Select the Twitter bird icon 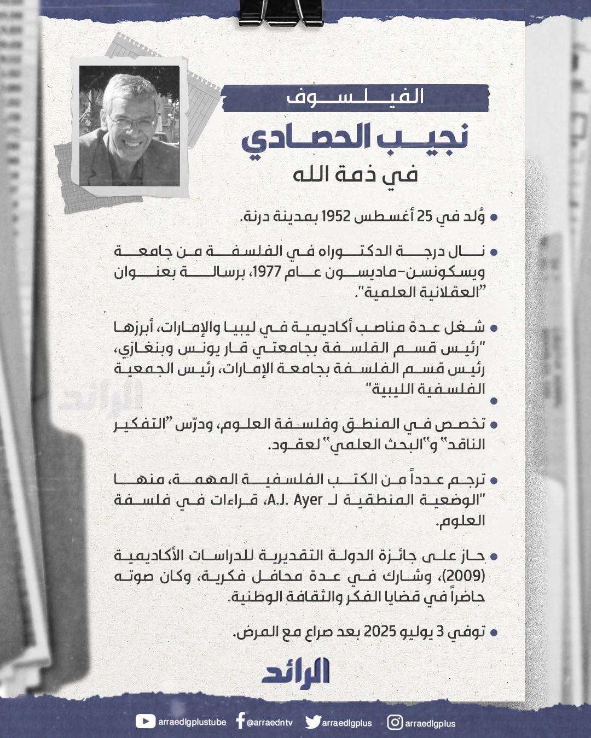tap(312, 722)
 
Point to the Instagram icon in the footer tap(395, 723)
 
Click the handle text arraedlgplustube tap(192, 722)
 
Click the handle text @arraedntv tap(270, 723)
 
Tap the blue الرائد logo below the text tap(296, 672)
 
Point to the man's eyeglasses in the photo tap(131, 123)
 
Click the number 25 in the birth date tap(425, 216)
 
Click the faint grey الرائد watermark tap(101, 397)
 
